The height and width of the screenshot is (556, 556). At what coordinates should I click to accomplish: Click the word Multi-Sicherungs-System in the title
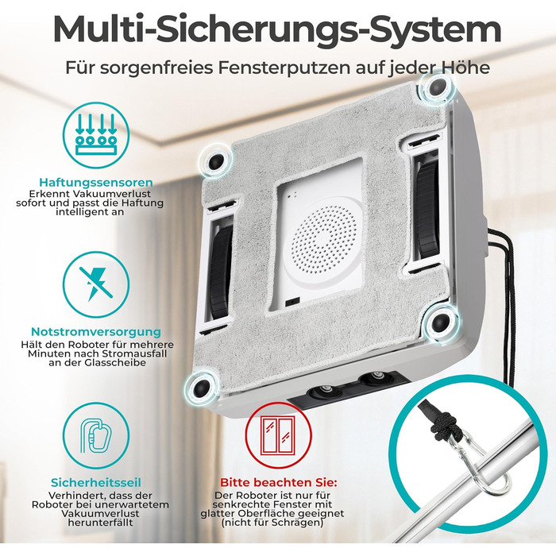[277, 29]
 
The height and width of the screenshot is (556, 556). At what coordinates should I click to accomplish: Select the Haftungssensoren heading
[96, 182]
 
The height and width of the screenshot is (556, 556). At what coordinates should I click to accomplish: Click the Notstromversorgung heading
[96, 331]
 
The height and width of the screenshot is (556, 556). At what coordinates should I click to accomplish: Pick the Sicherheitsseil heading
[96, 482]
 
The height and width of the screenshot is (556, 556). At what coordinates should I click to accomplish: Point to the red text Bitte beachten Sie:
[278, 482]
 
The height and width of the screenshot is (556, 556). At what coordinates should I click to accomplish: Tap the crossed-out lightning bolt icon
[96, 284]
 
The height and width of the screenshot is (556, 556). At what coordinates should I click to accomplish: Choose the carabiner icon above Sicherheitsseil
[96, 435]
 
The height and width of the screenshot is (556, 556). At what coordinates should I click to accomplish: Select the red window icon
[278, 435]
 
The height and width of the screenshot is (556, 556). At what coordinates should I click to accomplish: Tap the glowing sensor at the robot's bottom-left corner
[200, 386]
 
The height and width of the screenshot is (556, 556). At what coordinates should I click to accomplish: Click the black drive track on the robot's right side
[427, 208]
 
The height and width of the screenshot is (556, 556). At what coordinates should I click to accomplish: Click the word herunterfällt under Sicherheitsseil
[100, 523]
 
